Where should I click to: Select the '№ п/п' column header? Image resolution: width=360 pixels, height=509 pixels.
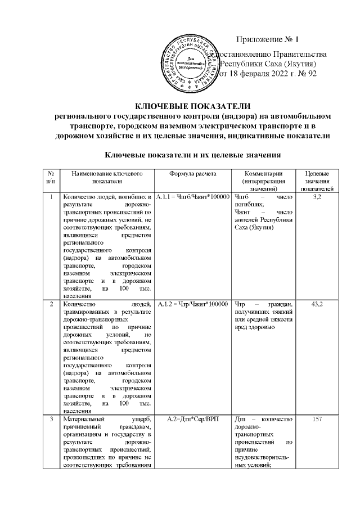point(51,178)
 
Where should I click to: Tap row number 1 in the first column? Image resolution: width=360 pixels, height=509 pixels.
point(51,197)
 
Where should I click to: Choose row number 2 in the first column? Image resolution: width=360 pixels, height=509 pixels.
point(51,304)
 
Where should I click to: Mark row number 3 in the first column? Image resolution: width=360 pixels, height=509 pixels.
point(51,419)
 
